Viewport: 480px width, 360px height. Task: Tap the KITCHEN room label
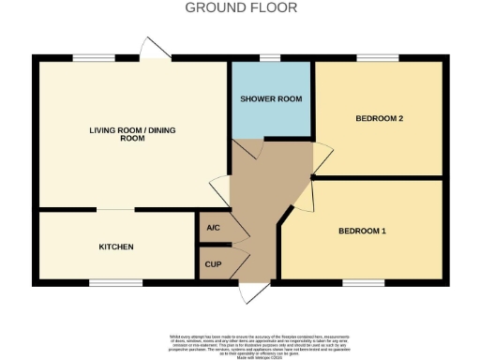click(116, 247)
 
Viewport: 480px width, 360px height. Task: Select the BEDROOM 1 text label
click(362, 231)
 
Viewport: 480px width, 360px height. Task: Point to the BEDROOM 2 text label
click(380, 118)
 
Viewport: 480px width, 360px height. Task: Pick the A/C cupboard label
click(212, 228)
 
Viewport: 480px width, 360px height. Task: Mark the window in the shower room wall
click(271, 59)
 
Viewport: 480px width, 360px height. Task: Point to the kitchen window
click(115, 281)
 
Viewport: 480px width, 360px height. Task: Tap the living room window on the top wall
click(88, 59)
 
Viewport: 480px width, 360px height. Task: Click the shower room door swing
click(249, 148)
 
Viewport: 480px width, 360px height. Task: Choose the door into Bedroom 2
click(322, 157)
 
